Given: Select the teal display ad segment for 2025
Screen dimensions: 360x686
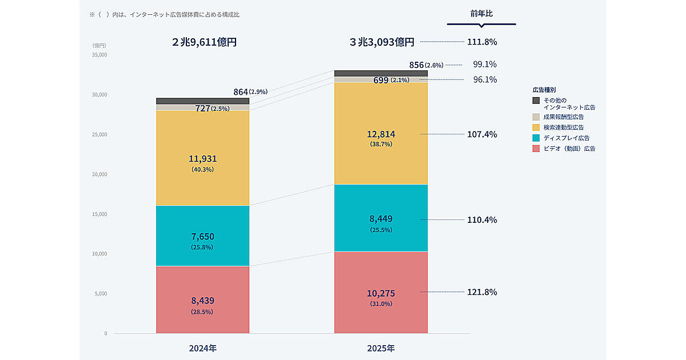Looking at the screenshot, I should tap(381, 206).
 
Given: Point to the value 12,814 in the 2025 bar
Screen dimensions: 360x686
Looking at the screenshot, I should tap(381, 134).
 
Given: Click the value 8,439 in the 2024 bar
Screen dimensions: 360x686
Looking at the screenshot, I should tap(203, 301).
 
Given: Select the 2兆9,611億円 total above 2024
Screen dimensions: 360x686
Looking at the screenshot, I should tap(204, 42).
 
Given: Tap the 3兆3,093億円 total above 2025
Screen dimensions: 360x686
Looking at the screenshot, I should tap(382, 42).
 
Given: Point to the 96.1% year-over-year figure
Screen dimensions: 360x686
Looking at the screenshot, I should tap(485, 79).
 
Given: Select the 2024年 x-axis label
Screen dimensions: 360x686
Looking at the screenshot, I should tap(203, 348).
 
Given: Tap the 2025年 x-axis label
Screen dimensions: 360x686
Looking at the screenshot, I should tap(381, 348).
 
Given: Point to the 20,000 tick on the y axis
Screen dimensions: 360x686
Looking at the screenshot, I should tap(99, 174).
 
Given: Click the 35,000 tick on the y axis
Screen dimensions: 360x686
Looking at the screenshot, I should tap(99, 55).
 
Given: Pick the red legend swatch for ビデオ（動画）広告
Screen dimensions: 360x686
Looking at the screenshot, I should tap(536, 149).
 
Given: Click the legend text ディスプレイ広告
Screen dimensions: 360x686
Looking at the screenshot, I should tap(567, 138).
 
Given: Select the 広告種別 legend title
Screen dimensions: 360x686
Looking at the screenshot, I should tap(544, 90).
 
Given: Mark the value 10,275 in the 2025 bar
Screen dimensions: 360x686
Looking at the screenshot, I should tap(381, 293).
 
